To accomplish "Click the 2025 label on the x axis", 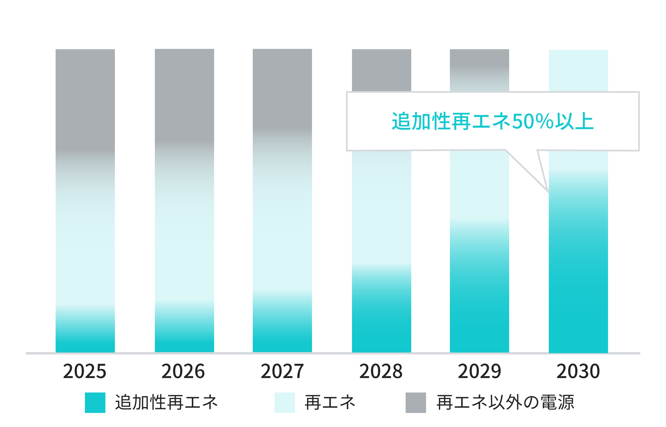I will click(x=85, y=371).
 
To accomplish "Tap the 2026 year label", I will click(x=183, y=371).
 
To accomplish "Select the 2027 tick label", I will click(x=282, y=371).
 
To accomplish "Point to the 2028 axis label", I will click(x=381, y=371).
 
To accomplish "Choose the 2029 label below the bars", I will click(x=479, y=371).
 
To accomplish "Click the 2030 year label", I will click(x=578, y=371).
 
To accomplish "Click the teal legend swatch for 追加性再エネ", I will click(x=95, y=402).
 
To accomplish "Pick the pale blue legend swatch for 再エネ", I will click(x=284, y=402).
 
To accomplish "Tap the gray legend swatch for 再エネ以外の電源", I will click(x=416, y=402).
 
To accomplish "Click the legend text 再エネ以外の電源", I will click(x=505, y=402).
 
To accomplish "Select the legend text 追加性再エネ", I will click(x=166, y=402).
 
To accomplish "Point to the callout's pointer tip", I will click(x=548, y=192).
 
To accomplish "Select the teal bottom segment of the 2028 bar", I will click(x=382, y=323).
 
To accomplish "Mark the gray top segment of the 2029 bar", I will click(x=480, y=60).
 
